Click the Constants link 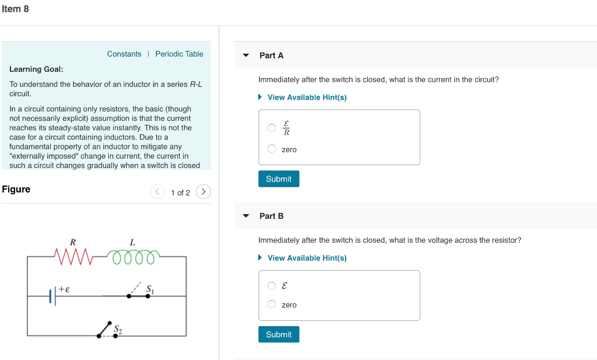pyautogui.click(x=124, y=54)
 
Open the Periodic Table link pyautogui.click(x=179, y=54)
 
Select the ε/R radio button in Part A pyautogui.click(x=272, y=128)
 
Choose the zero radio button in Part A pyautogui.click(x=272, y=149)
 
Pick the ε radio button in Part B pyautogui.click(x=272, y=286)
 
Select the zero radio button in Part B pyautogui.click(x=272, y=304)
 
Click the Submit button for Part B pyautogui.click(x=279, y=334)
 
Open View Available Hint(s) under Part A pyautogui.click(x=307, y=97)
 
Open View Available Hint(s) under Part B pyautogui.click(x=307, y=258)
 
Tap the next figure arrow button pyautogui.click(x=203, y=192)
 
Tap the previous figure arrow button pyautogui.click(x=157, y=192)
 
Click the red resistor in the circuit pyautogui.click(x=73, y=256)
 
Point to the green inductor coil pyautogui.click(x=133, y=256)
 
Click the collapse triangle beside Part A pyautogui.click(x=246, y=55)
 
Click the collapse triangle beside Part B pyautogui.click(x=246, y=216)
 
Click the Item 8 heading pyautogui.click(x=15, y=9)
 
